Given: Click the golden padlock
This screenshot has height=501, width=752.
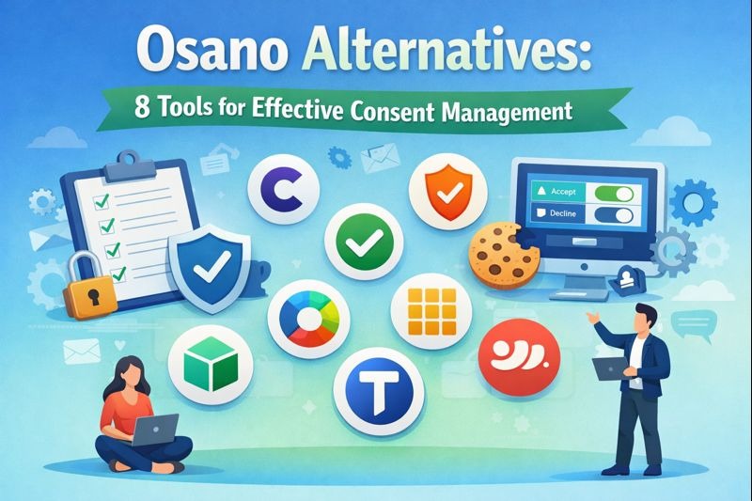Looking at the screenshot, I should point(90,294).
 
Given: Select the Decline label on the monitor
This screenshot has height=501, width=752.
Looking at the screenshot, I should point(562,214).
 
